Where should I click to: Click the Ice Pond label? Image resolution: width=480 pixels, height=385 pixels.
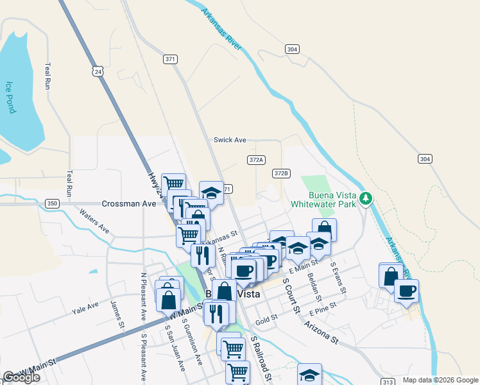click(10, 97)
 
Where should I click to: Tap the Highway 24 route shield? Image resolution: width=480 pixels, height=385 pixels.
click(98, 72)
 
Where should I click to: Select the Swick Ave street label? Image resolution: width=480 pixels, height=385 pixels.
click(230, 140)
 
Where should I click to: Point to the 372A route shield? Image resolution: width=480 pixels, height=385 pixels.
click(256, 158)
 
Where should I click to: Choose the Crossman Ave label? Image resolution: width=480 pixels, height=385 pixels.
click(129, 203)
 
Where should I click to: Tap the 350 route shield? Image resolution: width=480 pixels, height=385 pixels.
click(53, 203)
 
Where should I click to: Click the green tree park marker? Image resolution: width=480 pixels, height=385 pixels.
click(366, 198)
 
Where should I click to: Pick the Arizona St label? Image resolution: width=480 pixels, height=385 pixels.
click(321, 334)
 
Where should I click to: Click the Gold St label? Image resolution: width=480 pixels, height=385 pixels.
click(266, 318)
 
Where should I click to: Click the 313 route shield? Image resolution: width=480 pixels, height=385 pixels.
click(388, 382)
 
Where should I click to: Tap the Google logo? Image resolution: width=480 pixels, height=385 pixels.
click(21, 377)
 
